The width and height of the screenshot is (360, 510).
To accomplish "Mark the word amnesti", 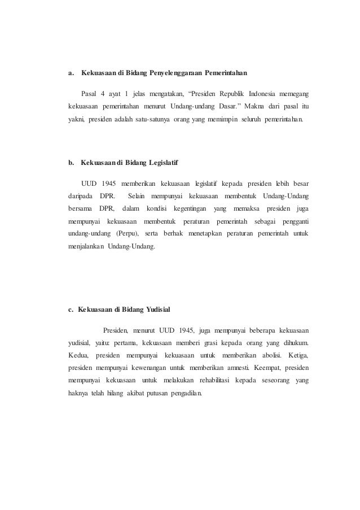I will (239, 368).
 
